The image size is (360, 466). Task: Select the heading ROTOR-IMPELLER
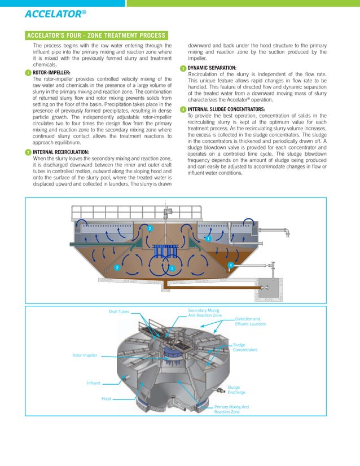(51, 73)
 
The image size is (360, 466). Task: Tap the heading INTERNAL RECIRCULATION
(60, 152)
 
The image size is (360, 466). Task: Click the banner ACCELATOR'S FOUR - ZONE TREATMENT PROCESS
(96, 36)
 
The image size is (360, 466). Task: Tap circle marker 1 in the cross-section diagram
(171, 267)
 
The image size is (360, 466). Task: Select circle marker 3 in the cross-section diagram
(208, 239)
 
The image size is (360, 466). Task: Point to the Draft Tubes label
(119, 311)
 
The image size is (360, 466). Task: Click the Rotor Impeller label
(85, 355)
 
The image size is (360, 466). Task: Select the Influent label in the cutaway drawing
(94, 383)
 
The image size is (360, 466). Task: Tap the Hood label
(106, 398)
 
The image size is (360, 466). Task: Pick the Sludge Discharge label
(236, 389)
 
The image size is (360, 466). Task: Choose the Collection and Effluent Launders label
(250, 322)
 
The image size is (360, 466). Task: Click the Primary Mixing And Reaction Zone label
(231, 409)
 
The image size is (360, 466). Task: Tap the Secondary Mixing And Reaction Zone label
(204, 313)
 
